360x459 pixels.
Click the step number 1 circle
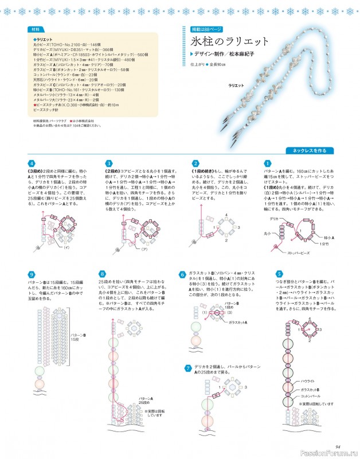coord(267,164)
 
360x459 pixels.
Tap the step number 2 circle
coord(195,164)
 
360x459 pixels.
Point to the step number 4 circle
coord(32,164)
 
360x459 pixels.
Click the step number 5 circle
coord(279,274)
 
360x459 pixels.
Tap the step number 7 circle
coord(188,367)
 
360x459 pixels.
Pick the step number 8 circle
coord(103,274)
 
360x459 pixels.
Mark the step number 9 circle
coord(32,274)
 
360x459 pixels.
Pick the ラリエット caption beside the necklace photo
coord(236,85)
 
